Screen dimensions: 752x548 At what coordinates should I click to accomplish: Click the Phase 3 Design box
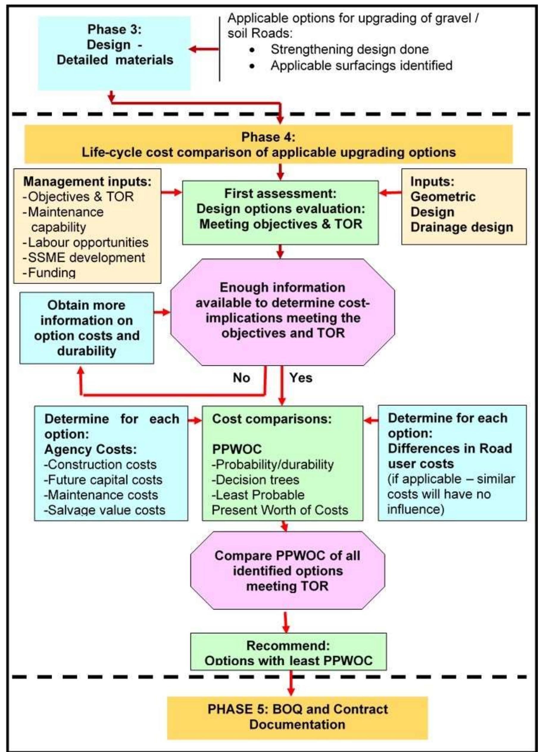point(114,53)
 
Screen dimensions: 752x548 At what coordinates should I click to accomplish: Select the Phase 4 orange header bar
point(269,145)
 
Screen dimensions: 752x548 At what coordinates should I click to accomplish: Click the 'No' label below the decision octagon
point(241,378)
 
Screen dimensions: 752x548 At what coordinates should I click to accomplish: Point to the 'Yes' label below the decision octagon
point(301,378)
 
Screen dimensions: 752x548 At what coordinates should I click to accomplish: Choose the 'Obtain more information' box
point(87,328)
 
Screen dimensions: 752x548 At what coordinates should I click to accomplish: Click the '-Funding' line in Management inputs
point(50,273)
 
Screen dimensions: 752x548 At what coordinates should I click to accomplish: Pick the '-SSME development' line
point(84,258)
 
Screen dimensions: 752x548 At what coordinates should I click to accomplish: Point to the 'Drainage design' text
point(462,227)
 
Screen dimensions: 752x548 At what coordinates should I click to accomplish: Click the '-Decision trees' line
point(255,480)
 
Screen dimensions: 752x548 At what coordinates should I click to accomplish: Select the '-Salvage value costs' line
point(105,510)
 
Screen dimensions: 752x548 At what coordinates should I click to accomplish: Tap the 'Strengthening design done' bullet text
point(350,49)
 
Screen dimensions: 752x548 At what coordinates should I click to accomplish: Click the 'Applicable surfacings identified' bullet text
point(362,65)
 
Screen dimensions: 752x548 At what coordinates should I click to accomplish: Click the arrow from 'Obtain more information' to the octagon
point(162,312)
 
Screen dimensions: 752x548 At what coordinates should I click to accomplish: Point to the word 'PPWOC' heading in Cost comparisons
point(237,449)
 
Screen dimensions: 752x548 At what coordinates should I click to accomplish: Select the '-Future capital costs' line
point(104,480)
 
